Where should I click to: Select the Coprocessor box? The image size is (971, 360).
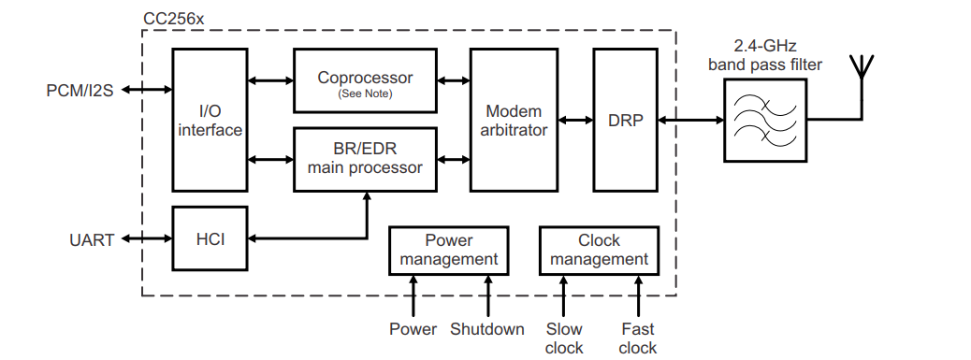pyautogui.click(x=365, y=81)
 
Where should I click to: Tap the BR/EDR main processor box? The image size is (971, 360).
pyautogui.click(x=365, y=158)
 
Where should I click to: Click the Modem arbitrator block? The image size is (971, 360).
pyautogui.click(x=514, y=121)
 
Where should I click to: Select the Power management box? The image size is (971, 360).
pyautogui.click(x=449, y=250)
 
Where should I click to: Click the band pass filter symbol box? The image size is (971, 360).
pyautogui.click(x=764, y=121)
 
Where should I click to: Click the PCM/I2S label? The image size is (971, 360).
pyautogui.click(x=80, y=91)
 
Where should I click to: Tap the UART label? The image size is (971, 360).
pyautogui.click(x=91, y=240)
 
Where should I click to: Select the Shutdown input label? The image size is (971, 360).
pyautogui.click(x=486, y=329)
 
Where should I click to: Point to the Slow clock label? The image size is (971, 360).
pyautogui.click(x=564, y=338)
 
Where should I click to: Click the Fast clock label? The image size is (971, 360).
pyautogui.click(x=638, y=338)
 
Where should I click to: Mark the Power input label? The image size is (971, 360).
pyautogui.click(x=413, y=329)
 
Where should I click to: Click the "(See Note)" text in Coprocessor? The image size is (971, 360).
pyautogui.click(x=365, y=94)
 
